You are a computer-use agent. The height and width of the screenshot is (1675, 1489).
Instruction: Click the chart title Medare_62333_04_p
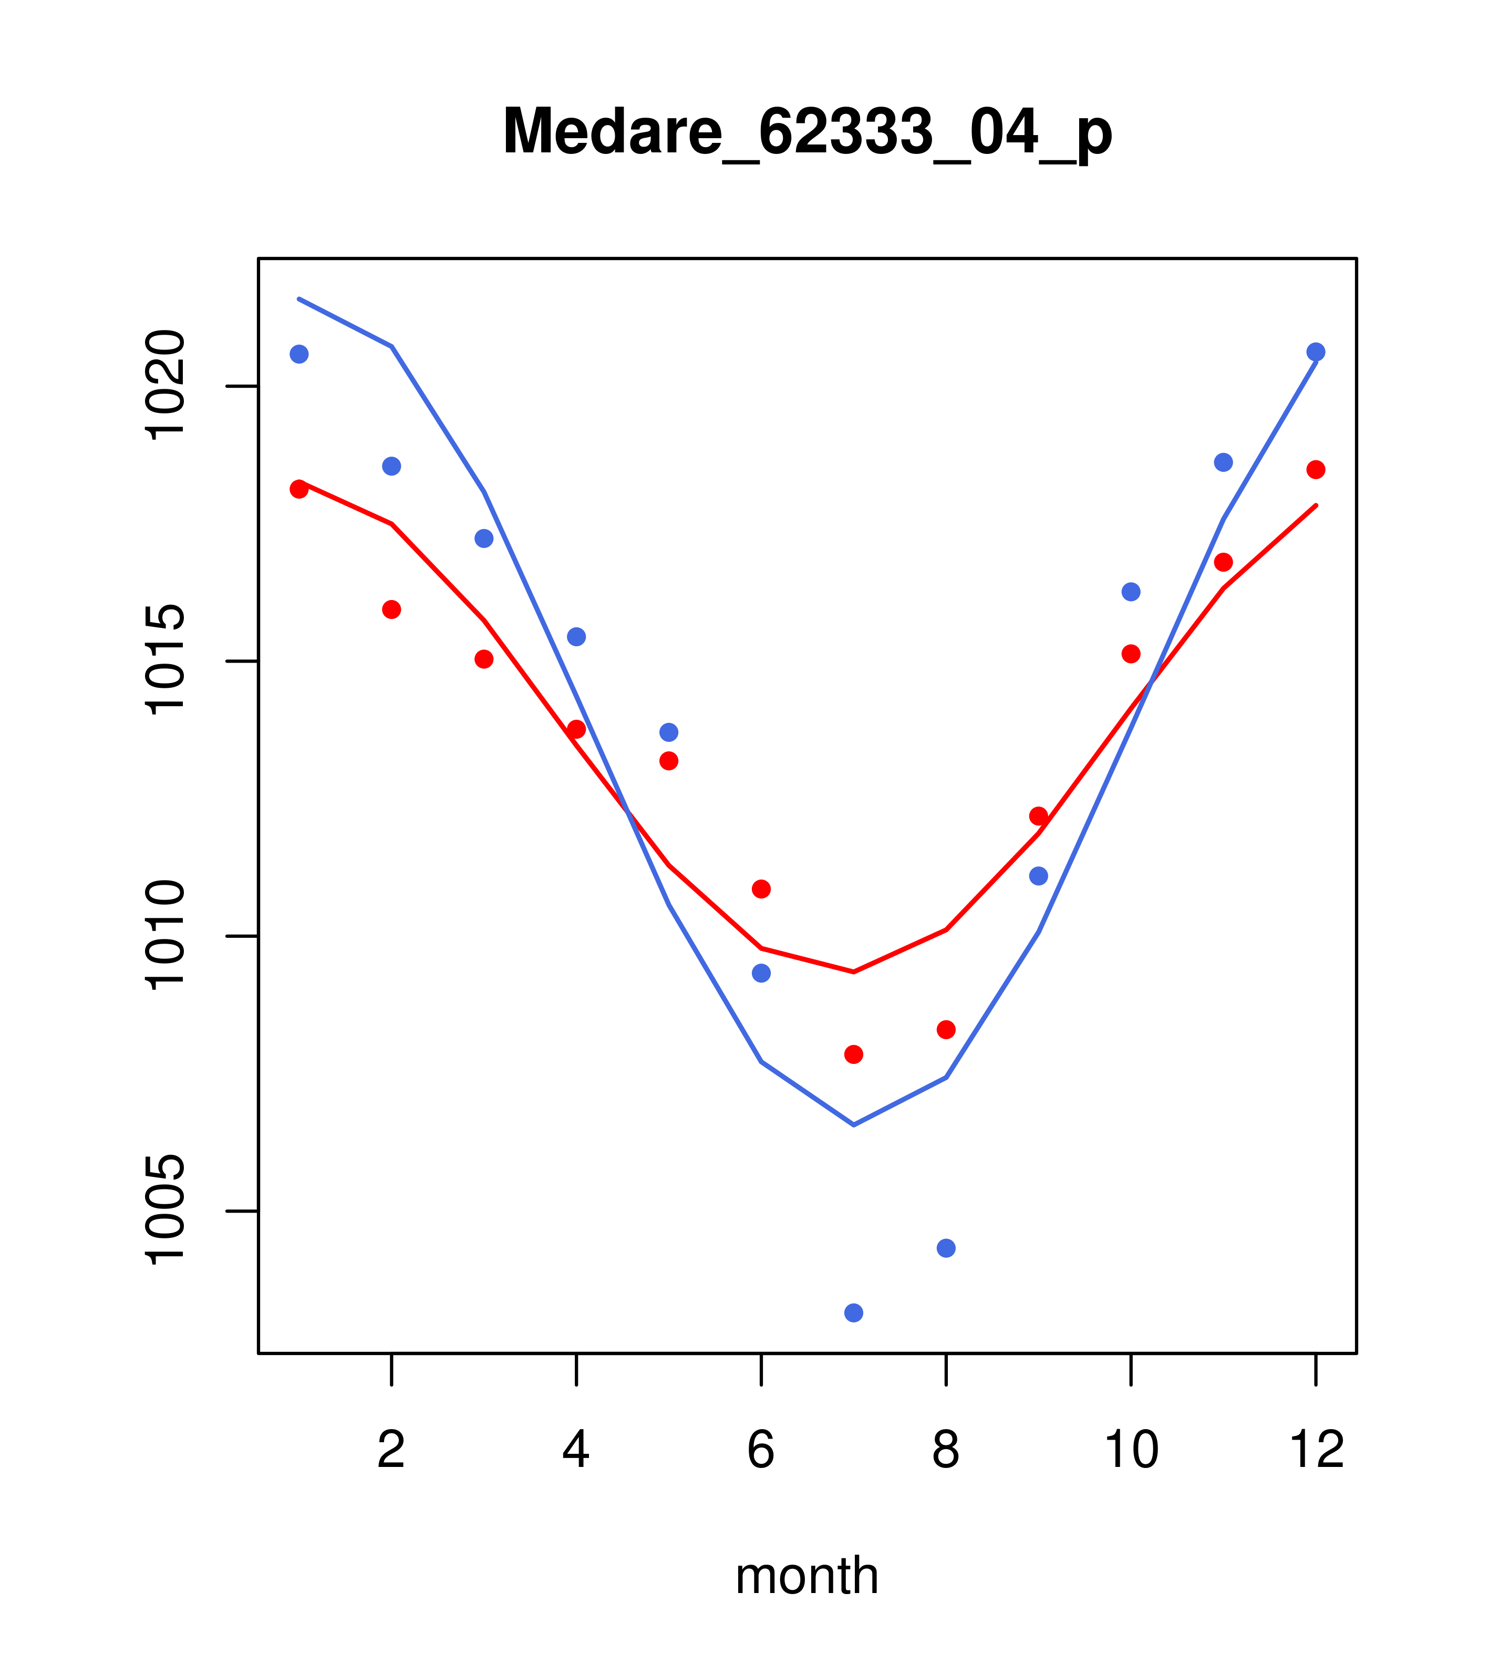807,131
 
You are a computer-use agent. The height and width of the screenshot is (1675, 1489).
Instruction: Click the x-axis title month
807,1576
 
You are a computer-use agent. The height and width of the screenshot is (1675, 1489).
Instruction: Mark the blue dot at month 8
946,1248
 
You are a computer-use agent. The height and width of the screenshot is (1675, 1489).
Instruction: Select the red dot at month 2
392,609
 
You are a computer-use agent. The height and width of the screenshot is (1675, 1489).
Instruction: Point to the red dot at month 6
761,888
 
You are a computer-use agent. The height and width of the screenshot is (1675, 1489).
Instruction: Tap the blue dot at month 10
1131,592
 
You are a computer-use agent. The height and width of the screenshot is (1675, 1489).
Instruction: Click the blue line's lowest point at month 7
853,1124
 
